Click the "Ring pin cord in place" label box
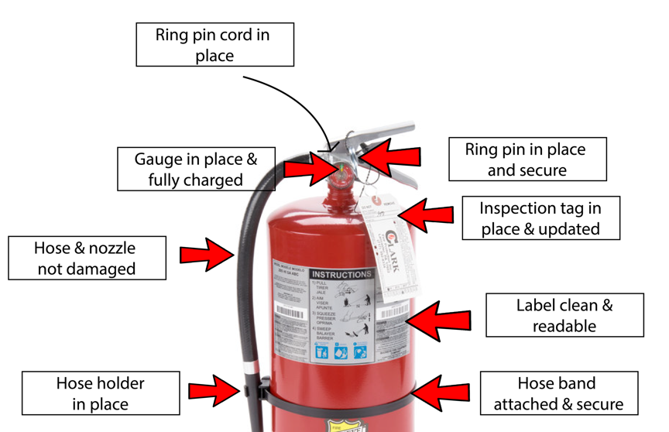214,44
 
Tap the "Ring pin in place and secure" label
527,159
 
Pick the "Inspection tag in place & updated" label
540,218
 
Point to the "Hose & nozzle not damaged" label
86,258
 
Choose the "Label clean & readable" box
564,314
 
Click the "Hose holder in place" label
100,393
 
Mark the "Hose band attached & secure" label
556,393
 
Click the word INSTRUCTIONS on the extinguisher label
341,274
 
